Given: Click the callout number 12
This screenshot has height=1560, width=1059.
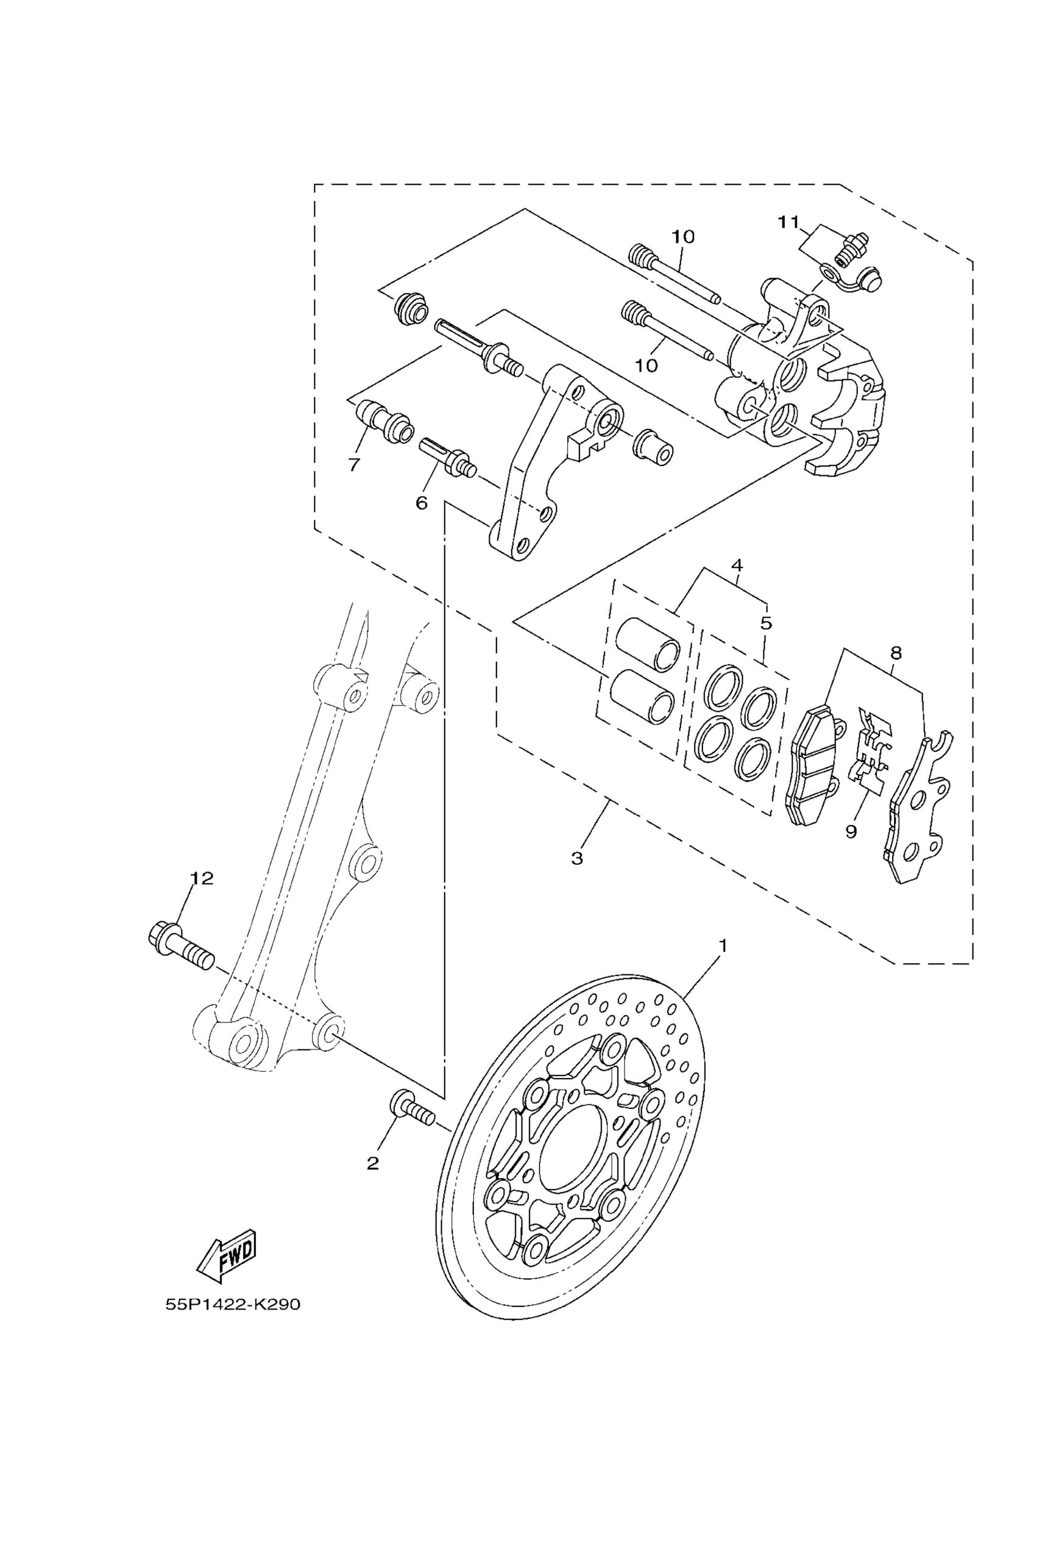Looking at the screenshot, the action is click(200, 878).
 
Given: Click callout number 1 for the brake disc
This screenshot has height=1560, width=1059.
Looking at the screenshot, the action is click(723, 945).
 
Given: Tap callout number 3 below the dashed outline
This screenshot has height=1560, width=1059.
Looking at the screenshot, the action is click(577, 858).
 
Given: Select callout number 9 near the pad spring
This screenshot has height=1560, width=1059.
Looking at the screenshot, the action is click(851, 832).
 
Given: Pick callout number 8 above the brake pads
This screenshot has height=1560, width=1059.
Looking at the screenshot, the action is click(896, 652).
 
